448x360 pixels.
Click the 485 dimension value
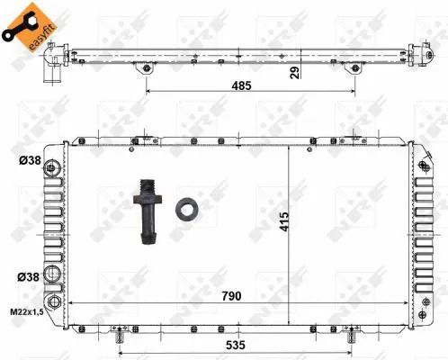click(x=241, y=85)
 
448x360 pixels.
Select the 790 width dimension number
click(x=231, y=296)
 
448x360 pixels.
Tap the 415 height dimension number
click(x=284, y=221)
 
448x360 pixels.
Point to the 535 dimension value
click(x=236, y=346)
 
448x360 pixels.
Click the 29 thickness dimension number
click(x=295, y=73)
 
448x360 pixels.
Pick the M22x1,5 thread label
click(x=27, y=311)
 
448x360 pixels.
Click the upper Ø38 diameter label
click(x=30, y=160)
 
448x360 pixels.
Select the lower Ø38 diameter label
click(x=29, y=276)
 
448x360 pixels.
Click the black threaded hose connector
click(x=148, y=211)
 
